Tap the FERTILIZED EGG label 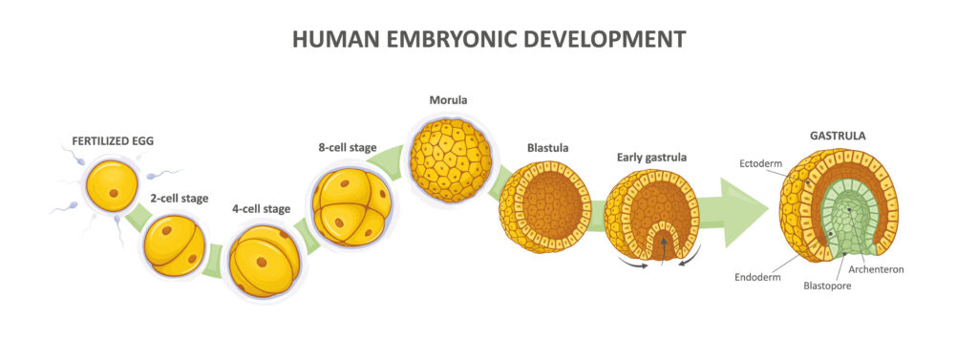click(x=113, y=141)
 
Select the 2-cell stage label click(x=179, y=199)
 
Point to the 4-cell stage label click(x=262, y=209)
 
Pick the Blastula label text click(x=547, y=149)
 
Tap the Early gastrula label click(x=651, y=158)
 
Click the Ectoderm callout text click(x=757, y=163)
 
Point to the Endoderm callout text click(x=757, y=277)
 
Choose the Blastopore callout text click(x=827, y=286)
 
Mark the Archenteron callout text click(x=877, y=269)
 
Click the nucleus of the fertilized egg click(x=114, y=193)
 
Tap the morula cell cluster click(x=451, y=160)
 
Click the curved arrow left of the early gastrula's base click(x=634, y=264)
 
